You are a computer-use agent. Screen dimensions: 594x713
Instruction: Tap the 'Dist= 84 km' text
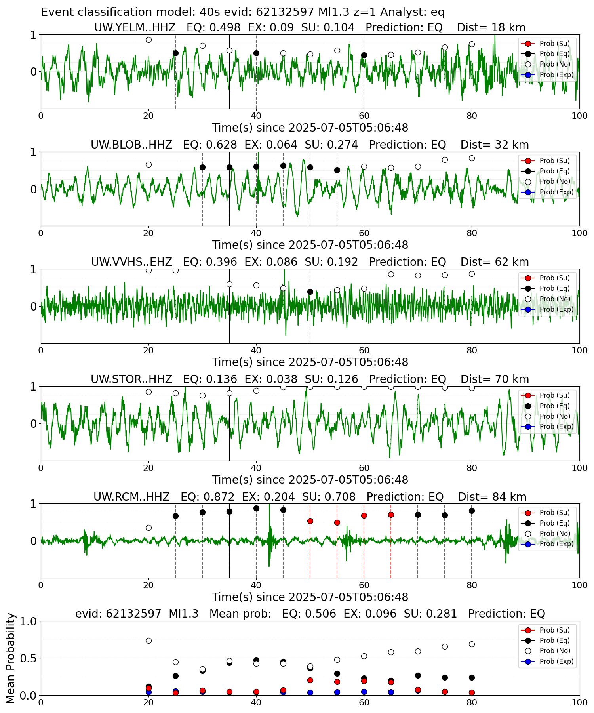point(492,497)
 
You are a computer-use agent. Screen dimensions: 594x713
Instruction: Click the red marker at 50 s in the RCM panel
point(310,521)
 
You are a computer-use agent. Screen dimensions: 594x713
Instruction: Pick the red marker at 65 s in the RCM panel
point(391,515)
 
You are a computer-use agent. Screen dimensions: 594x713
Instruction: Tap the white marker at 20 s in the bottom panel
point(148,641)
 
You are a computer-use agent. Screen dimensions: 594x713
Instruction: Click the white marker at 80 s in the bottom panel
point(472,644)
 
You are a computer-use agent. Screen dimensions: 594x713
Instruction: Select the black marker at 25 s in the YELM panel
point(175,53)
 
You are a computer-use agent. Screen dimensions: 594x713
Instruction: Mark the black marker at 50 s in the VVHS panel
point(310,292)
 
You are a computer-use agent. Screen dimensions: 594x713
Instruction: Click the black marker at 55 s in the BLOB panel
point(337,170)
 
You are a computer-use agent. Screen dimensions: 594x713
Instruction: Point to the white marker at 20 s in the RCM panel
point(148,528)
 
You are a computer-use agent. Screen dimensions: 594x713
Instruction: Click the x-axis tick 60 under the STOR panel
point(364,468)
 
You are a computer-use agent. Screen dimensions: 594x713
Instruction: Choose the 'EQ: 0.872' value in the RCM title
point(208,497)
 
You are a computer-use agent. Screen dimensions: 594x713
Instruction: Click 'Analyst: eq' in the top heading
point(413,12)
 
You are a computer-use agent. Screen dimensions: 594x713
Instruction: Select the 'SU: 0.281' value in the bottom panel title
point(430,614)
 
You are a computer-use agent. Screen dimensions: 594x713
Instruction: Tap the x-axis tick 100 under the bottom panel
point(580,702)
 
